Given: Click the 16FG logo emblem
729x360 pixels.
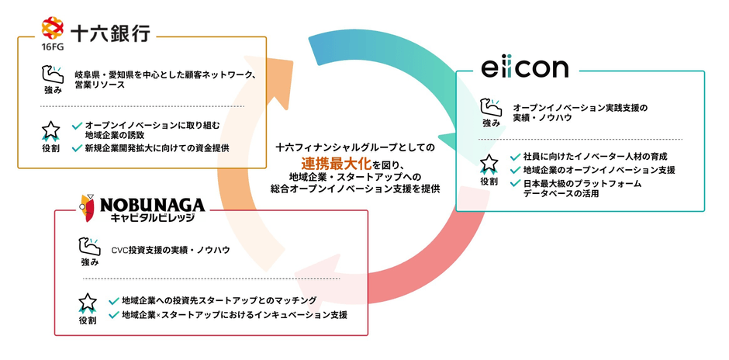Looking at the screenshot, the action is click(x=52, y=28).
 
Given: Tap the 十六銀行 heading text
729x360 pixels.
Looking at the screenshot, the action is click(x=110, y=34).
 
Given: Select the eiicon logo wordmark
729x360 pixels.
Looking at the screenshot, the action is click(x=524, y=68).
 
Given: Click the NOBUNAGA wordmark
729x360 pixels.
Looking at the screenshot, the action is click(x=151, y=205).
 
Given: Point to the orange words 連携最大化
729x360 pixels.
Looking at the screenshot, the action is click(x=335, y=163).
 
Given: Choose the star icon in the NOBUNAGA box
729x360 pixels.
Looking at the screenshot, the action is click(x=88, y=303).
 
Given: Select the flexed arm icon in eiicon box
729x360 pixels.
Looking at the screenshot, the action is click(x=490, y=107).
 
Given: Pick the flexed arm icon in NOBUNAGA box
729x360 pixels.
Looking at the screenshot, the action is click(x=90, y=247).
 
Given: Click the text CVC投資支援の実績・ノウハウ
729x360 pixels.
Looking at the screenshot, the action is click(x=171, y=251).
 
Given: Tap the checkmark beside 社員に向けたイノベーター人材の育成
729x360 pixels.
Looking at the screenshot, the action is click(x=515, y=157).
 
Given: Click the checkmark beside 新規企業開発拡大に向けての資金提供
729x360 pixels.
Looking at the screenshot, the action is click(x=78, y=148).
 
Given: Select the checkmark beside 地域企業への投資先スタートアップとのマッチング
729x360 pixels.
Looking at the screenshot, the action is click(x=113, y=300).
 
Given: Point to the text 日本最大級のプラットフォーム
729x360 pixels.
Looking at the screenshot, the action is click(x=582, y=184).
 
